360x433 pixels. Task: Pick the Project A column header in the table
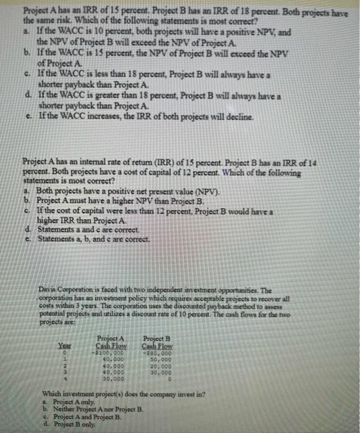click(111, 339)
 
